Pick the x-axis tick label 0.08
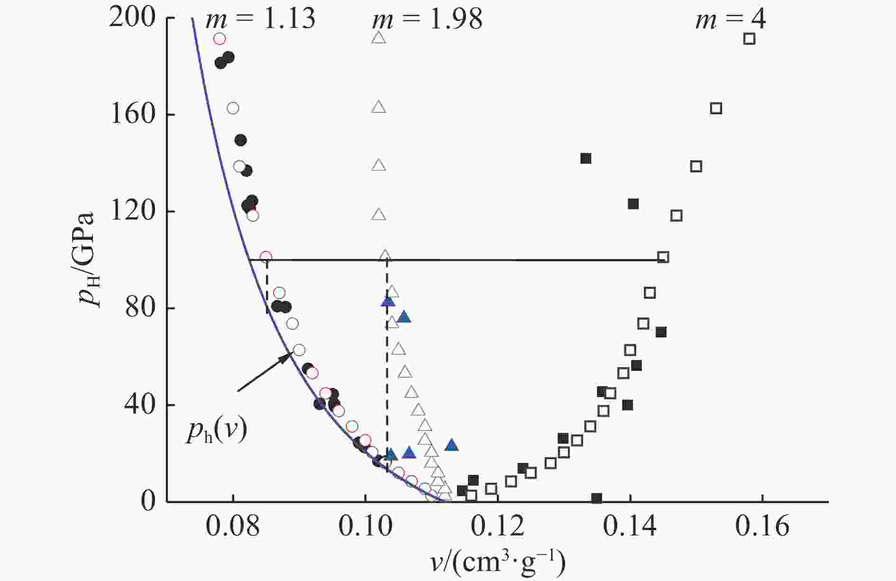click(x=232, y=527)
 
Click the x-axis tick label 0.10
click(x=365, y=527)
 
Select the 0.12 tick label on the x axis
click(x=497, y=527)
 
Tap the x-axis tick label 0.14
click(x=630, y=527)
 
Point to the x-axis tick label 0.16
click(x=762, y=527)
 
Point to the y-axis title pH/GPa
click(x=90, y=260)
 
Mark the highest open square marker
click(x=749, y=39)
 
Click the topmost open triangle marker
click(x=379, y=38)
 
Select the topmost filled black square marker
click(x=586, y=158)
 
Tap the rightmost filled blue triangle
click(x=452, y=445)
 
